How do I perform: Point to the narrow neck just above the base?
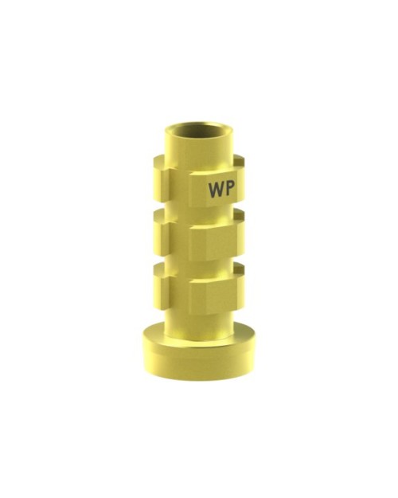coord(198,323)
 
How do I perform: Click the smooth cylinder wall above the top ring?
coord(198,151)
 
